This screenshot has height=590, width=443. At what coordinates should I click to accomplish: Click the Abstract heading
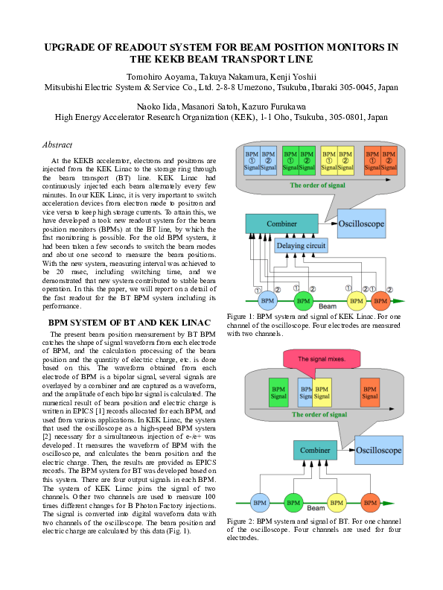coord(59,145)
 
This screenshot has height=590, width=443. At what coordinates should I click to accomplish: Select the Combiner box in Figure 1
coord(276,223)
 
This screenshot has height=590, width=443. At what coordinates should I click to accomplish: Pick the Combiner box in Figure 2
coord(316,451)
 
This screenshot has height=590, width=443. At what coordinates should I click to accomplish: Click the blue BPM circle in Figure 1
coord(267,301)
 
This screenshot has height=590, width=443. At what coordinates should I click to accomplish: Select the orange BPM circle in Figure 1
coord(380,301)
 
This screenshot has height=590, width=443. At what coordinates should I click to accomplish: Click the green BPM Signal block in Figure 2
coord(278,393)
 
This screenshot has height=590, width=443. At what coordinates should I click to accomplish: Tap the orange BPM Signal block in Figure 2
coord(370,393)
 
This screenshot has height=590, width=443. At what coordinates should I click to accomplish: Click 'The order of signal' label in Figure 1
coord(318,185)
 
